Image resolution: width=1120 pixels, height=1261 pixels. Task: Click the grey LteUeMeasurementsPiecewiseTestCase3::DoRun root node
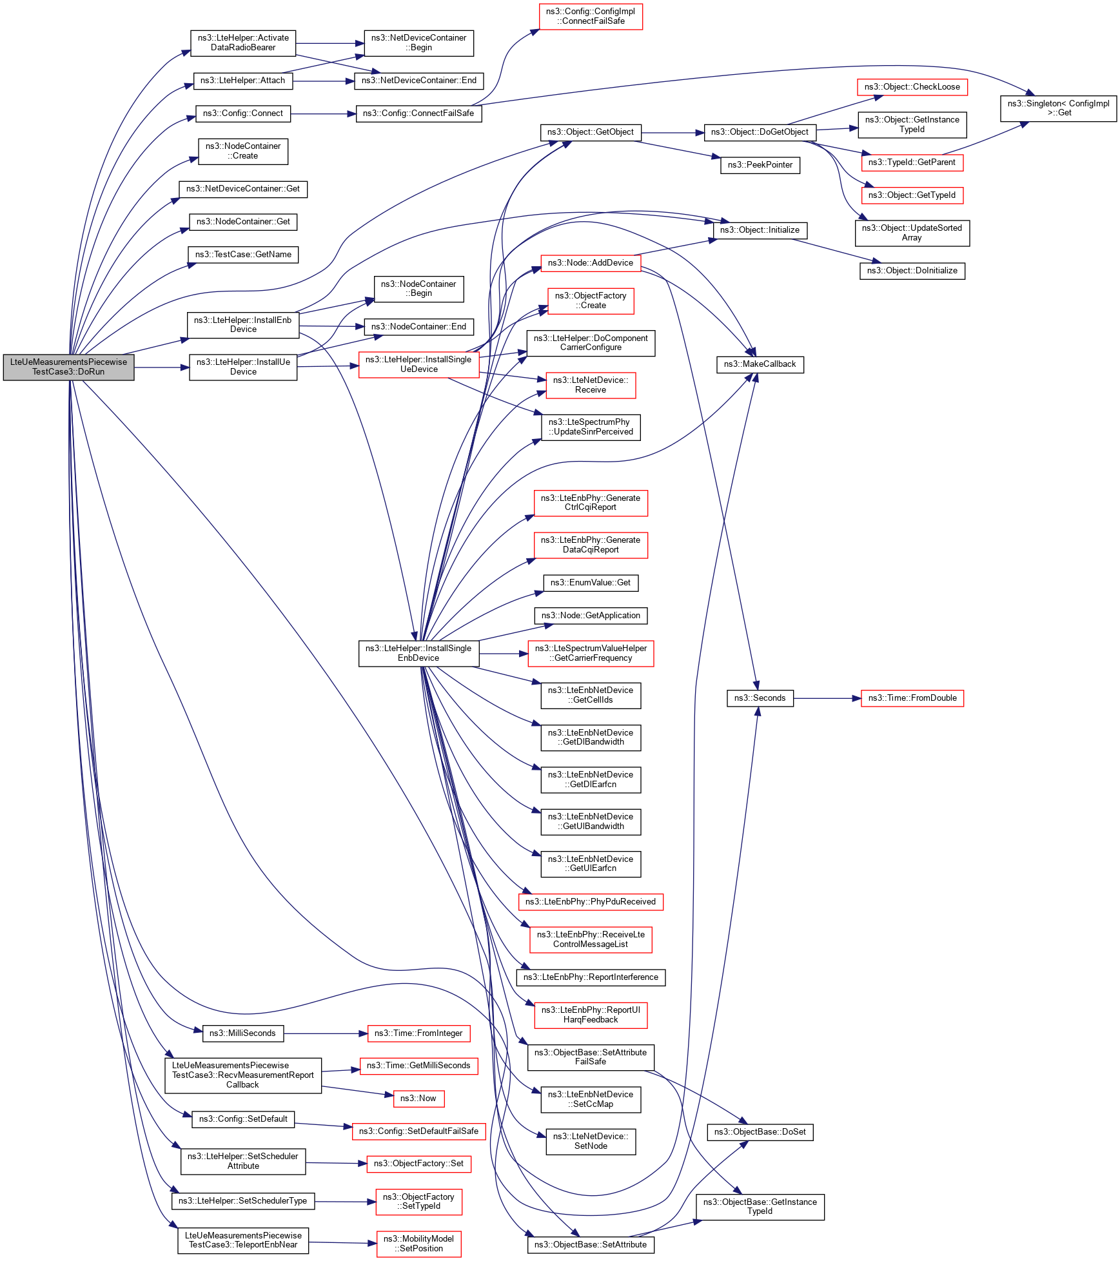(x=68, y=367)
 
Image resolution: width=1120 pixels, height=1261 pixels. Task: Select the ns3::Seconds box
(x=760, y=698)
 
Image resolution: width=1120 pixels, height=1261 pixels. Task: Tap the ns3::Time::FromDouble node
(x=912, y=698)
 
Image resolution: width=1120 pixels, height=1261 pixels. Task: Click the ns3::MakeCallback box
(x=760, y=364)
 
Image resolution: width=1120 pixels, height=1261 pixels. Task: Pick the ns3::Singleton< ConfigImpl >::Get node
(x=1058, y=108)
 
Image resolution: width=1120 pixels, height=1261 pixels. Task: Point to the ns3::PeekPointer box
(x=760, y=165)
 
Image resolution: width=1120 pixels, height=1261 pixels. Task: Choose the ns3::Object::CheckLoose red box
(x=912, y=87)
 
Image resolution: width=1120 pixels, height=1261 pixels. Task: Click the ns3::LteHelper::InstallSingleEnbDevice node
(x=418, y=653)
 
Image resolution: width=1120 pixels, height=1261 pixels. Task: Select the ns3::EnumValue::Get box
(x=590, y=583)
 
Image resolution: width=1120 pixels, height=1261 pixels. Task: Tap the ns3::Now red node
(x=418, y=1099)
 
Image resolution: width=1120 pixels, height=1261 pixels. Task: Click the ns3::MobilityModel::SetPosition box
(x=418, y=1244)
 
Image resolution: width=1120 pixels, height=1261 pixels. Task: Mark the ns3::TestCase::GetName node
(x=243, y=255)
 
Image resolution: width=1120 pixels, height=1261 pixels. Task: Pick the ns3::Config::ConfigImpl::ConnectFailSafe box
(x=590, y=16)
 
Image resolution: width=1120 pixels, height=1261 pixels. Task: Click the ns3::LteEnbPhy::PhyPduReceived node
(x=590, y=901)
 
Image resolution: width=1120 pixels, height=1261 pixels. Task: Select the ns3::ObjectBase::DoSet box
(x=760, y=1132)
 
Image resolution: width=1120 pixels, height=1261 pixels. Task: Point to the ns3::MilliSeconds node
(x=242, y=1033)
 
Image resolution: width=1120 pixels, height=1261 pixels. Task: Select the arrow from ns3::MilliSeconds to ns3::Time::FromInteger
(x=325, y=1033)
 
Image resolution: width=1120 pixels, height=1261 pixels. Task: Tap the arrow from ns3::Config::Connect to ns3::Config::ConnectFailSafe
(x=323, y=114)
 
